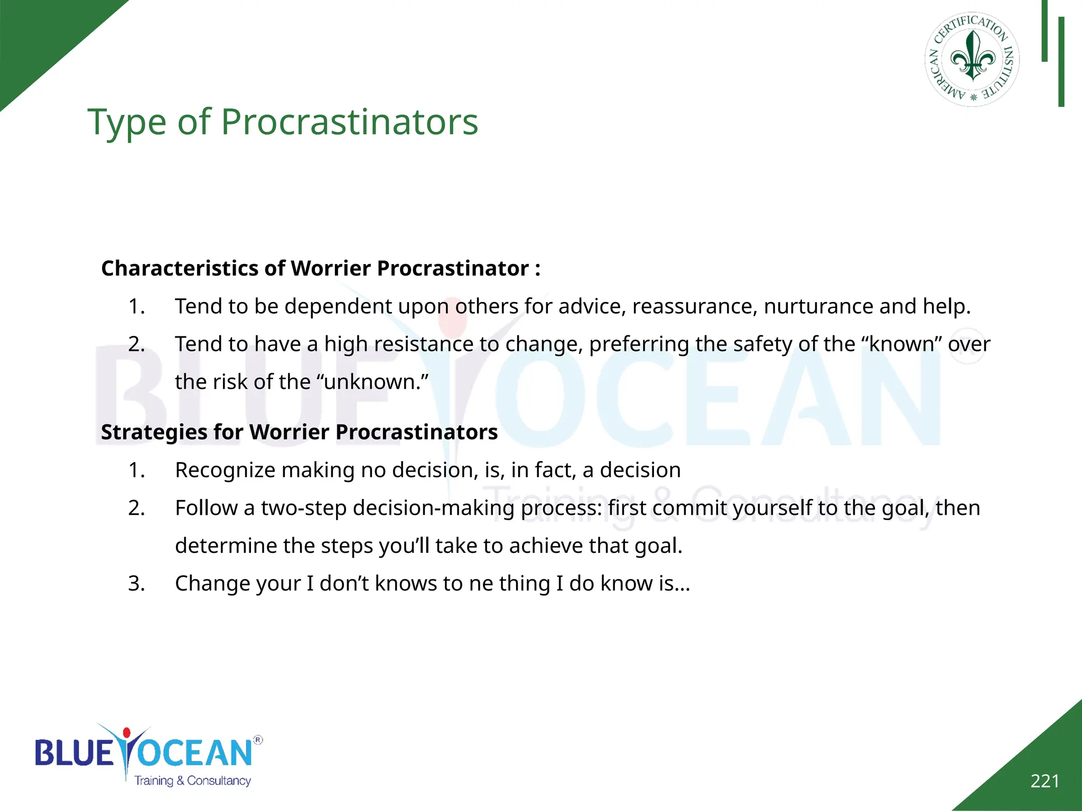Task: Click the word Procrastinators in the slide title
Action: [x=349, y=122]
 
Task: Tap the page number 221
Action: [x=1044, y=781]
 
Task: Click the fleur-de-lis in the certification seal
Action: [x=973, y=57]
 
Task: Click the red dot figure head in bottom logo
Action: [x=126, y=733]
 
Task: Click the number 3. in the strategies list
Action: [x=136, y=583]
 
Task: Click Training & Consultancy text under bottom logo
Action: [x=192, y=780]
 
